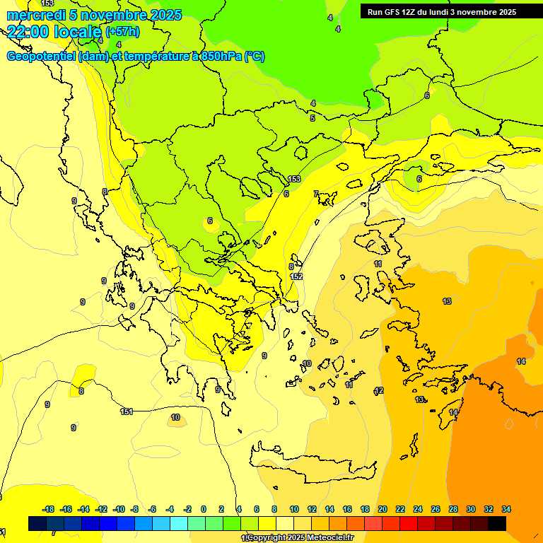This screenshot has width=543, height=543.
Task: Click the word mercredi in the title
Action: pos(35,15)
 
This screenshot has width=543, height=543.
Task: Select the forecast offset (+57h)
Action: pos(122,32)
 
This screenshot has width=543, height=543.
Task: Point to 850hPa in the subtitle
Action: pos(220,57)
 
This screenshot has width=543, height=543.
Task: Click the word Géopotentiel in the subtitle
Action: pos(41,57)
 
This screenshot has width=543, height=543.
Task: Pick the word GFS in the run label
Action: pos(393,12)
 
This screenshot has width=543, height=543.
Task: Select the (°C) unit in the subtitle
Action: pos(255,57)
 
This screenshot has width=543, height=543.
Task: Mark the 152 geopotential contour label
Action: pos(297,276)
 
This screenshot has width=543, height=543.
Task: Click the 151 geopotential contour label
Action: pos(127,411)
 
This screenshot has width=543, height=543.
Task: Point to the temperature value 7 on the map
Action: pos(315,194)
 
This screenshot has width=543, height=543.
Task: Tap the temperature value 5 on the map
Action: pos(313,118)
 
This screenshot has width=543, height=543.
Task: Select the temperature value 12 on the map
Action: pos(379,391)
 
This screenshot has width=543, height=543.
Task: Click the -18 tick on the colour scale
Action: pos(49,509)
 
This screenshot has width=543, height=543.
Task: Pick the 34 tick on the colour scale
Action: pos(506,509)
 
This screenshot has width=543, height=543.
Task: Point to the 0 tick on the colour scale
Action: pos(204,509)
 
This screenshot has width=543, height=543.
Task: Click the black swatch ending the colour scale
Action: pos(497,523)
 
